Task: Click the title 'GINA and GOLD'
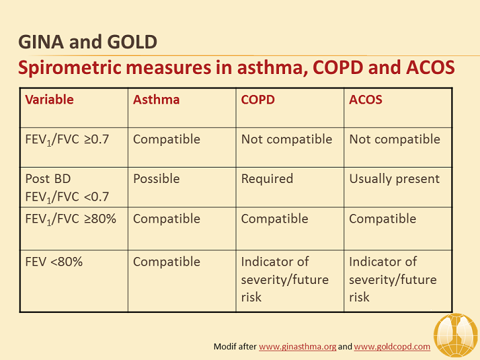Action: pos(87,42)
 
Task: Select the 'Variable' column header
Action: pos(49,100)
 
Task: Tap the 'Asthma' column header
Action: pos(156,100)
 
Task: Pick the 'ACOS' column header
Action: pos(366,100)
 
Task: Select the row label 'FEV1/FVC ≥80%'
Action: pos(71,219)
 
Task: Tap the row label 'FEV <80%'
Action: pos(54,262)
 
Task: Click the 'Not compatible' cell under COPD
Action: pos(286,139)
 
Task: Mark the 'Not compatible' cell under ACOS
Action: pos(395,139)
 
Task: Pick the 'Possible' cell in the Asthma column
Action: pos(156,179)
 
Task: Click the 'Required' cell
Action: pos(267,179)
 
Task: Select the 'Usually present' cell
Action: pos(395,179)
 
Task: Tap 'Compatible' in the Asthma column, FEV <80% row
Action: pos(167,262)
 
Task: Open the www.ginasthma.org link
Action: pos(297,347)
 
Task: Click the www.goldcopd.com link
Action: pos(392,347)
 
